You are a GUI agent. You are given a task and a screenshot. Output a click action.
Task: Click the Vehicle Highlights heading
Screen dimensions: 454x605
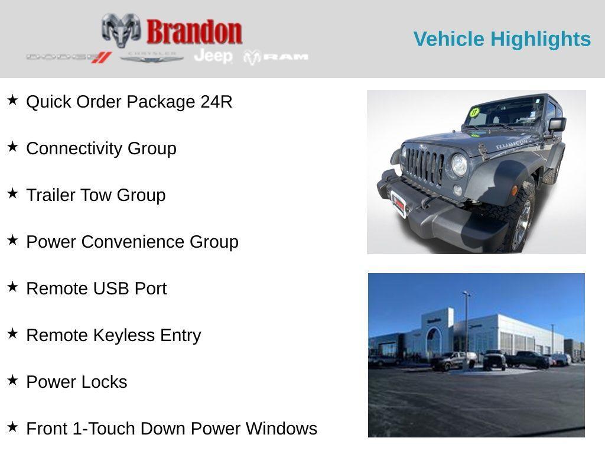(x=502, y=39)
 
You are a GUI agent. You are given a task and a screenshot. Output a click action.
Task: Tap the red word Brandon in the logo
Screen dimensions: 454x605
(x=194, y=32)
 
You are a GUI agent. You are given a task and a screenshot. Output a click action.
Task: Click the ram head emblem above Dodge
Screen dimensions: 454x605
(x=121, y=30)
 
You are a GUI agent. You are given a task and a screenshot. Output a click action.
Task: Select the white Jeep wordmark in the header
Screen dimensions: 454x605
(x=213, y=56)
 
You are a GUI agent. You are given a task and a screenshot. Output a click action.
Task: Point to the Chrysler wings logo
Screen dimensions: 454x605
(x=152, y=57)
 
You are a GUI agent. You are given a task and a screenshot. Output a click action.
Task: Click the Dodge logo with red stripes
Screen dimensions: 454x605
(x=69, y=57)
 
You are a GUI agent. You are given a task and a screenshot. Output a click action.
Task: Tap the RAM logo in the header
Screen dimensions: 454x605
(x=277, y=57)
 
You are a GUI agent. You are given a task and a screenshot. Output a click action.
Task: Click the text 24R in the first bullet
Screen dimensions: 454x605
(x=216, y=102)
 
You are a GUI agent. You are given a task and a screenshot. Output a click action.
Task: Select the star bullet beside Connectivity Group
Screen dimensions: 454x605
(x=12, y=147)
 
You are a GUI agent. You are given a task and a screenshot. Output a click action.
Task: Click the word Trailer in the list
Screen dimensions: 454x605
(x=51, y=195)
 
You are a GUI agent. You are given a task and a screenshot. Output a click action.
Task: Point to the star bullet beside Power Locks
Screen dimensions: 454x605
(x=12, y=381)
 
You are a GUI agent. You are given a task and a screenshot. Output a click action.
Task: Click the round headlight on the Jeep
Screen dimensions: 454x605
(x=459, y=165)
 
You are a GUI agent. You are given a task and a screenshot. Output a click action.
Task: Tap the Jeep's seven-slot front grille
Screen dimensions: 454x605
(x=424, y=166)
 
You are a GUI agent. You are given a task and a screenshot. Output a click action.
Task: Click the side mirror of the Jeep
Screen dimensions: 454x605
(x=557, y=124)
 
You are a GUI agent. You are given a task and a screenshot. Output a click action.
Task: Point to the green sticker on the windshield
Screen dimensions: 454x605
(x=474, y=112)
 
